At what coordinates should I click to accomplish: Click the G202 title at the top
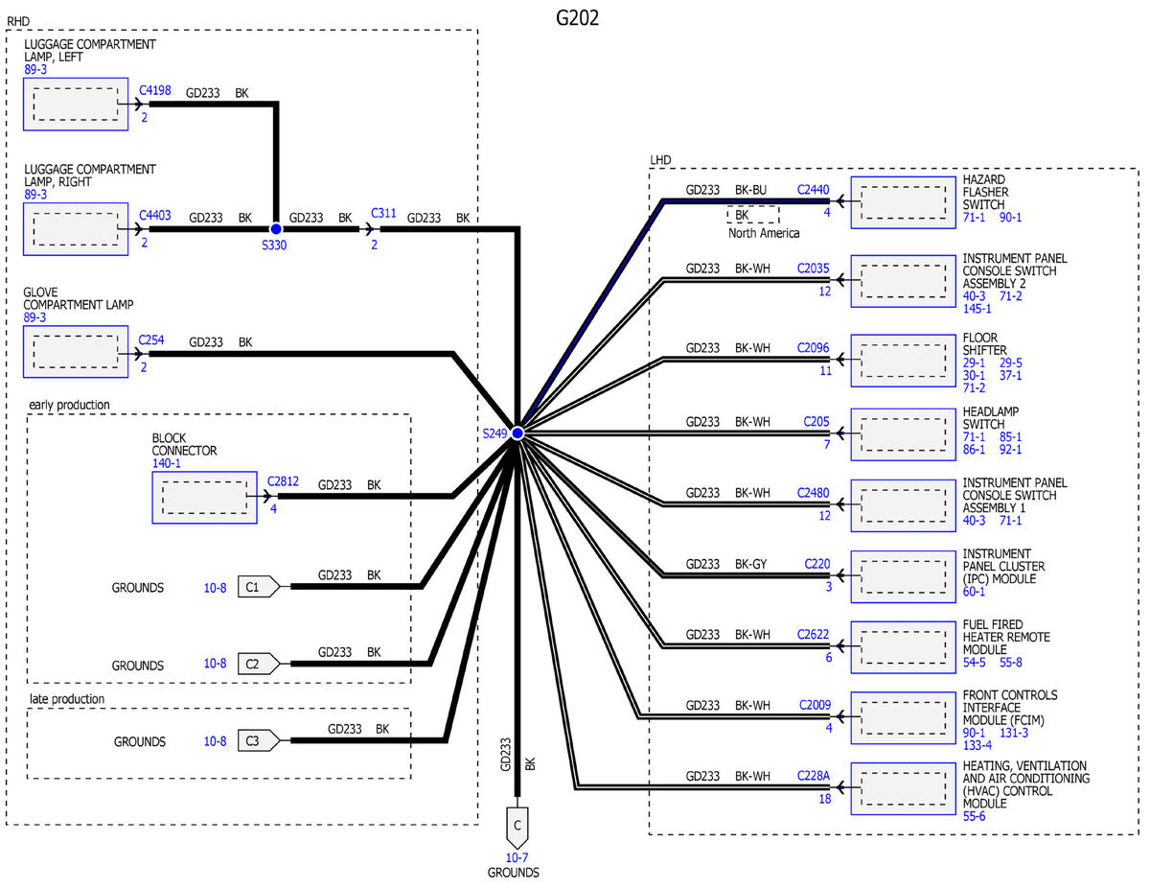[577, 18]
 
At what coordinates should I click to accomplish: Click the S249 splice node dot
[517, 433]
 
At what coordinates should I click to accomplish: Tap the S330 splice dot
[276, 229]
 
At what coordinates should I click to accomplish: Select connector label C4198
[155, 91]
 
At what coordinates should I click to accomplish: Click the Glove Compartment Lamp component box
[76, 353]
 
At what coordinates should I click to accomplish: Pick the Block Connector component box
[204, 497]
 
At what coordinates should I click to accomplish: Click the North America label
[764, 233]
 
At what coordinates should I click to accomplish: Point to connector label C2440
[814, 190]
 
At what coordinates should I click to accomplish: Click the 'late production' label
[66, 699]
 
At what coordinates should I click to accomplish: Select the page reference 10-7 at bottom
[517, 857]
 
